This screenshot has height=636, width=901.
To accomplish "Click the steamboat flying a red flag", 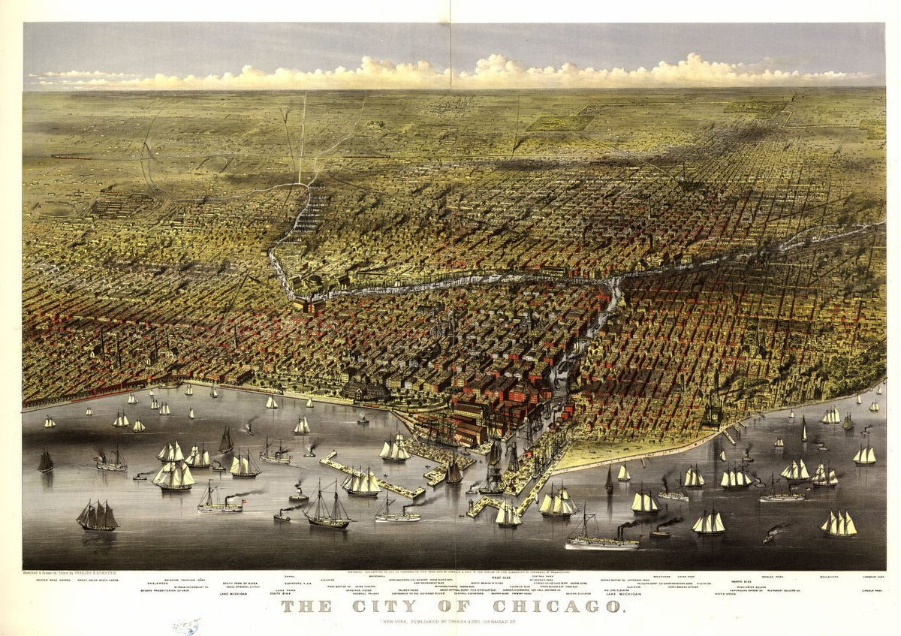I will [x=219, y=502].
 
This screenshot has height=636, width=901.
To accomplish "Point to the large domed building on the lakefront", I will [x=366, y=388].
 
